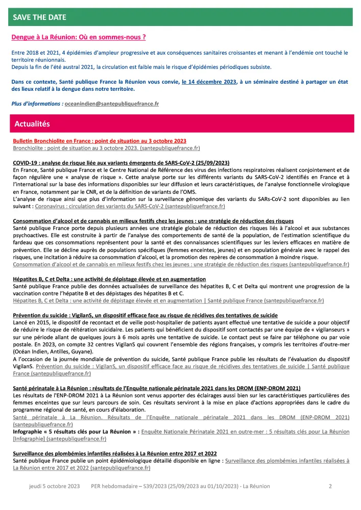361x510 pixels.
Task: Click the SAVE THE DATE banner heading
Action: pyautogui.click(x=40, y=17)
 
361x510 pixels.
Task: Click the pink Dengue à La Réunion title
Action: pyautogui.click(x=79, y=37)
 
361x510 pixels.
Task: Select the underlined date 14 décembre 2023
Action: pyautogui.click(x=208, y=81)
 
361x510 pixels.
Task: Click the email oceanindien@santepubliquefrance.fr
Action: pyautogui.click(x=111, y=104)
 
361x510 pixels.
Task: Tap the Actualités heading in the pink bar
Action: pyautogui.click(x=32, y=123)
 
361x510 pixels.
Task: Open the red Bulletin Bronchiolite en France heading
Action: pyautogui.click(x=100, y=140)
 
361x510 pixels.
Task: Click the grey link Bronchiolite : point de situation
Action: pyautogui.click(x=106, y=148)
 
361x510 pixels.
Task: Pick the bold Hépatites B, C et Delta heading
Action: pyautogui.click(x=109, y=279)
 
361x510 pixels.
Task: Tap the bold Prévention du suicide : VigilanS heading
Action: pyautogui.click(x=145, y=315)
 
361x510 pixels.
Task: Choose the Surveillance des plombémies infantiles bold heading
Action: pyautogui.click(x=115, y=453)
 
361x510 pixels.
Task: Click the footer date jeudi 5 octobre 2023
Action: pyautogui.click(x=55, y=487)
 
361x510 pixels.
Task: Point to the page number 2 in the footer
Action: pyautogui.click(x=330, y=487)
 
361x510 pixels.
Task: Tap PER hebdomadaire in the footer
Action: pyautogui.click(x=115, y=487)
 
